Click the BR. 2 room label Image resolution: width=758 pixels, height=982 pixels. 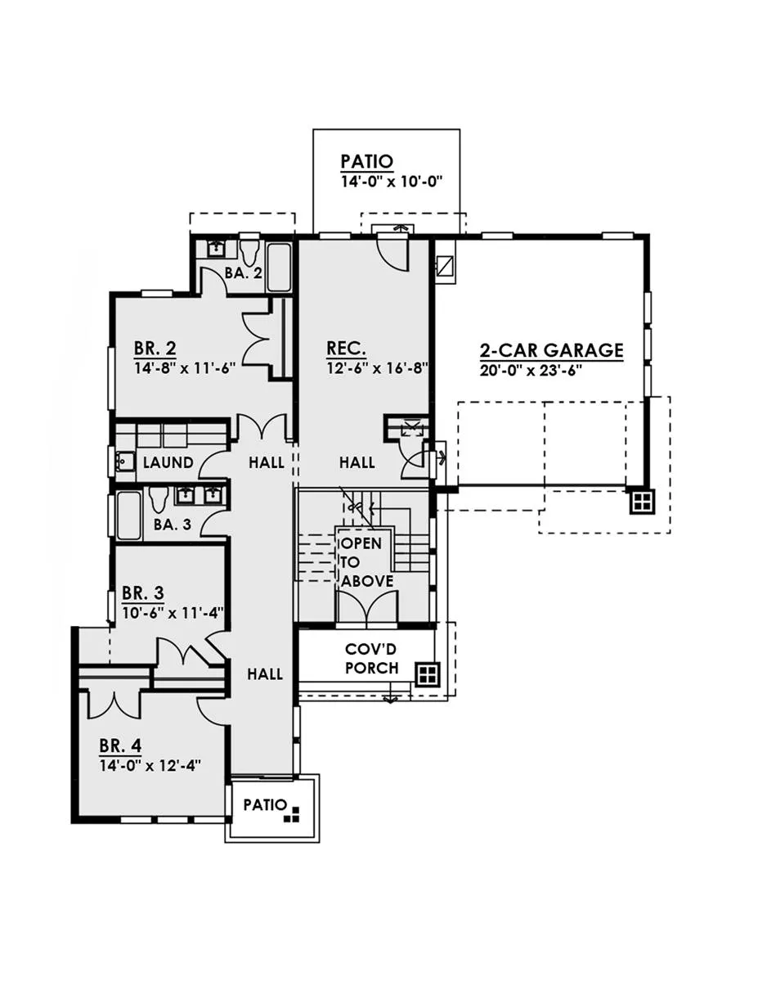[x=155, y=349]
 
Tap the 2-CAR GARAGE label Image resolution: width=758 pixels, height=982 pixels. [x=551, y=350]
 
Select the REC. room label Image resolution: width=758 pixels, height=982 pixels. [x=346, y=349]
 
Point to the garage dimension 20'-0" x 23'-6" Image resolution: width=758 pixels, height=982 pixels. [x=531, y=371]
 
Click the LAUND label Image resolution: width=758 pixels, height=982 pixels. [x=168, y=462]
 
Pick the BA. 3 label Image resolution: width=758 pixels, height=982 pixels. [x=172, y=525]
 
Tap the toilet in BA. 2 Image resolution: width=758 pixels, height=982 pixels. [x=249, y=253]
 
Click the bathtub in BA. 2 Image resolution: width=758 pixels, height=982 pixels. [x=279, y=268]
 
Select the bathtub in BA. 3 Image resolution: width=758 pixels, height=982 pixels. [x=128, y=516]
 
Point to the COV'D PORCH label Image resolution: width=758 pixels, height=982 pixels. [x=371, y=659]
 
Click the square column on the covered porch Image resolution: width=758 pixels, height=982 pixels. [x=427, y=674]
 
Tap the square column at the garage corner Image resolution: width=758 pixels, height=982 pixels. [x=642, y=501]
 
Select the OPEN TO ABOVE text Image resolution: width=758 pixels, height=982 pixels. [x=366, y=562]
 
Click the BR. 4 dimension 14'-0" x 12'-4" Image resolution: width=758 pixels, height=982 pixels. [x=150, y=765]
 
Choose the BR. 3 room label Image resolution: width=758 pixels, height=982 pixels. [x=143, y=592]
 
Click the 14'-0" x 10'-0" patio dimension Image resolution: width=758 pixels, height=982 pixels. [x=391, y=182]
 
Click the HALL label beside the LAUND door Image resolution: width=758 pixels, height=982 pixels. [x=267, y=462]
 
